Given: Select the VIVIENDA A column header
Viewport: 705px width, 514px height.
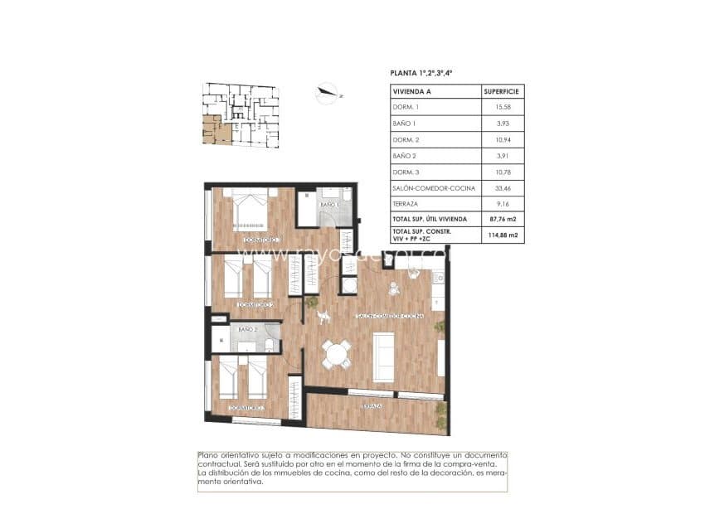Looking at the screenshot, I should point(412,92).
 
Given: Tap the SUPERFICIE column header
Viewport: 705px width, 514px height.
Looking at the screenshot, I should point(502,92).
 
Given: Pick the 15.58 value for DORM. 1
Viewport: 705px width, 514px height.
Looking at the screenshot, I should point(502,108).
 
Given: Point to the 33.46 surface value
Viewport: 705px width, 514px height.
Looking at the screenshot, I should point(502,187).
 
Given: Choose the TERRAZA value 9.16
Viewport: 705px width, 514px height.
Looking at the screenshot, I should point(502,203).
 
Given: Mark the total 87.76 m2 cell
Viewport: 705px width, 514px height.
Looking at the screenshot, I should point(503,219).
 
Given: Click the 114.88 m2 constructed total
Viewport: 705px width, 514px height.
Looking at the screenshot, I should point(503,235).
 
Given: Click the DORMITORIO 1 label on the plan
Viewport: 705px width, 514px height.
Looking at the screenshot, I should point(263,240).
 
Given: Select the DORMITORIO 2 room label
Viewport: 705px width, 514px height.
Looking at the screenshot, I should point(255,305).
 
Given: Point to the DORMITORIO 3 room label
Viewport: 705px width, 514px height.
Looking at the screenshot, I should point(246,408).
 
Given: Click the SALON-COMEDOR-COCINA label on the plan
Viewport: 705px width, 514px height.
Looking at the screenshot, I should point(389,317).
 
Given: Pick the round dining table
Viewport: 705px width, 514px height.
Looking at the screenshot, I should point(336,354).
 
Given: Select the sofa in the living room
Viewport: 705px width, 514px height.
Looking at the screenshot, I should point(383,356).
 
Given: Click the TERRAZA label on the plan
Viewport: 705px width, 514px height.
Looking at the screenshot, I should point(371,406).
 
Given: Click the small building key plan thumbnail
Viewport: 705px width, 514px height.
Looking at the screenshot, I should point(241,114).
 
